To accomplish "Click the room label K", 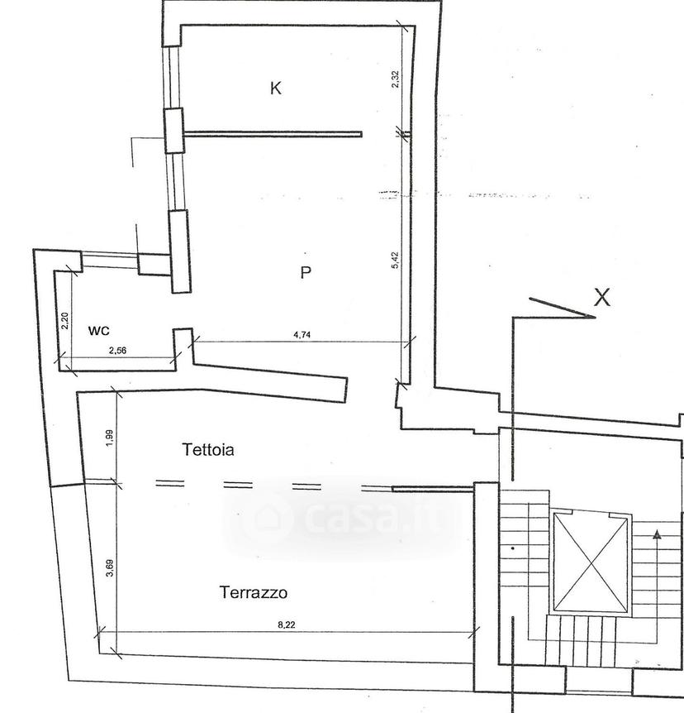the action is click(275, 88).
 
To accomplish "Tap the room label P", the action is click(306, 272).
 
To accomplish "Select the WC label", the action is click(98, 331).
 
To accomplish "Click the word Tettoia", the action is click(208, 450).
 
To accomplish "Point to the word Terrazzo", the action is click(254, 592).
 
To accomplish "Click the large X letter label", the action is click(602, 298).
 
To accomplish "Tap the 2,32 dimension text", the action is click(395, 79).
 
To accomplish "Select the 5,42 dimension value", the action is click(395, 260).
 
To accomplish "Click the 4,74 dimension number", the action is click(302, 335).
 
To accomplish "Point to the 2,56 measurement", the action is click(117, 350).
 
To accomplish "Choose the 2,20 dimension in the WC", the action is click(65, 321).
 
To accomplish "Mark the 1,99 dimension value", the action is click(110, 438).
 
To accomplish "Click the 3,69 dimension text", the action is click(110, 568).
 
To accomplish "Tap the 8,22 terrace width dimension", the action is click(286, 624).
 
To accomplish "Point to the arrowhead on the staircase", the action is click(657, 534).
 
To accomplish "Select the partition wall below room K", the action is click(273, 134).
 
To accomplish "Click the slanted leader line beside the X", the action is click(563, 308).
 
